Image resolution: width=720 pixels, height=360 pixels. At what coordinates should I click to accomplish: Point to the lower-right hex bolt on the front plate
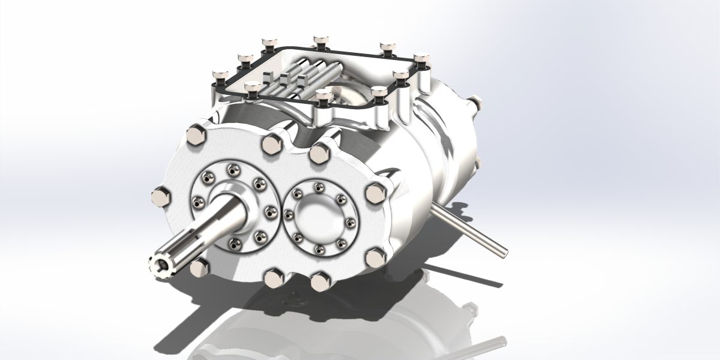pos(374,257)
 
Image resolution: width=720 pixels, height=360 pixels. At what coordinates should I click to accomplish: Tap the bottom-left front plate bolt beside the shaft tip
pos(200,266)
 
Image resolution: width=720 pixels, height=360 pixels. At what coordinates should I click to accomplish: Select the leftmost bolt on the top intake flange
pos(220,75)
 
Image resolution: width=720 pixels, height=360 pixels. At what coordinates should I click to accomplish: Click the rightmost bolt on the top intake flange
pos(421,58)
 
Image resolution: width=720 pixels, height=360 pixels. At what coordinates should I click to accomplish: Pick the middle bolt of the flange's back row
pos(320,41)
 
